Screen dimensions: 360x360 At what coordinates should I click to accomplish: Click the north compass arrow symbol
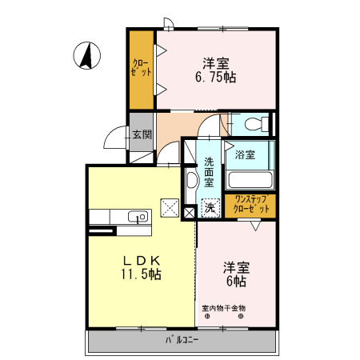pyautogui.click(x=88, y=55)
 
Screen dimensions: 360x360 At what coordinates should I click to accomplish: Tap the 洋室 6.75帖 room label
pyautogui.click(x=215, y=70)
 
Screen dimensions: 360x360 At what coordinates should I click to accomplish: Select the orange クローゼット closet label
pyautogui.click(x=142, y=68)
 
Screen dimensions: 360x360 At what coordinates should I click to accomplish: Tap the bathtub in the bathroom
pyautogui.click(x=250, y=178)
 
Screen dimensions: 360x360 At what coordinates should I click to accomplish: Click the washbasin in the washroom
pyautogui.click(x=192, y=179)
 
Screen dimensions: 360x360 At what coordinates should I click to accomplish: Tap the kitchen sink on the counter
pyautogui.click(x=137, y=216)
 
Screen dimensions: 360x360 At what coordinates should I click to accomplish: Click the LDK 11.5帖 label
pyautogui.click(x=142, y=267)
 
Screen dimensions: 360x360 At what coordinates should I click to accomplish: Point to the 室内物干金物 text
pyautogui.click(x=223, y=308)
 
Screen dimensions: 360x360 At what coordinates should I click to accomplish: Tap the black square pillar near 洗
pyautogui.click(x=190, y=212)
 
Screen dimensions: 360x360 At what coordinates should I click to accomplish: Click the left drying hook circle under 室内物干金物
pyautogui.click(x=208, y=317)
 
